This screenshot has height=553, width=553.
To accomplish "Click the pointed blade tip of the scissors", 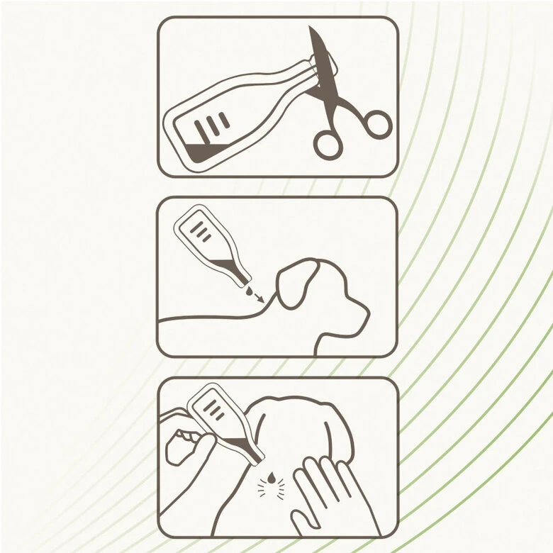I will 311,30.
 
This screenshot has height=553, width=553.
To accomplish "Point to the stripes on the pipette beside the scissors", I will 212,126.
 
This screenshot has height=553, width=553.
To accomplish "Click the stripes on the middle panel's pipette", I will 202,231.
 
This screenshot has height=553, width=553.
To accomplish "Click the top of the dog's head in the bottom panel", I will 284,401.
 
